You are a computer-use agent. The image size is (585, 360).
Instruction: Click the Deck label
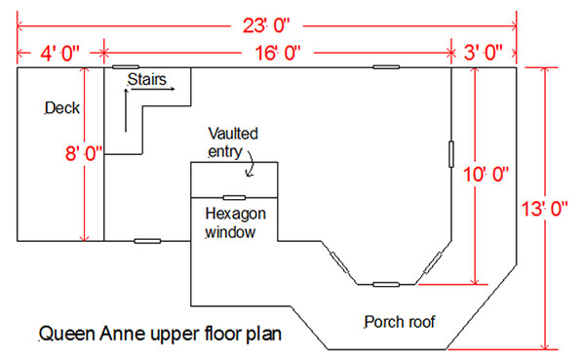[63, 108]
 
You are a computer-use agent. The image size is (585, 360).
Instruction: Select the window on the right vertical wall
[451, 154]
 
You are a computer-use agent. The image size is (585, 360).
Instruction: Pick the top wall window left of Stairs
[124, 68]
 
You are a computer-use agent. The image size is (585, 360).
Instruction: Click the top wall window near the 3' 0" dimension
[385, 68]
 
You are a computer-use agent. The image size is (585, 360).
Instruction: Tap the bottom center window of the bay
[386, 284]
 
